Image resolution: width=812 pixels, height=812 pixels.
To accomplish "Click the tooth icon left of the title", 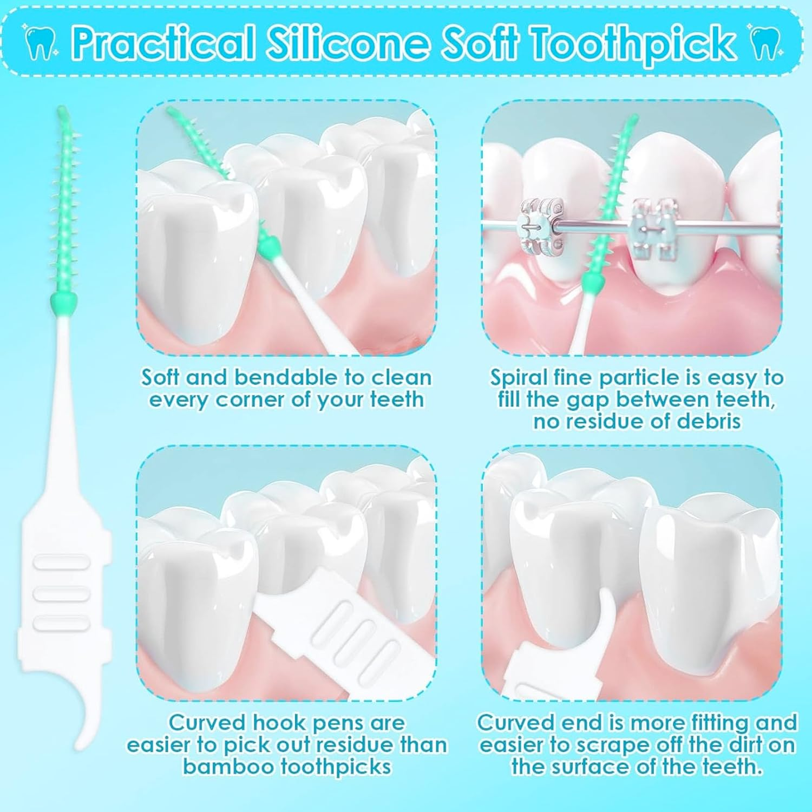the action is [x=40, y=43].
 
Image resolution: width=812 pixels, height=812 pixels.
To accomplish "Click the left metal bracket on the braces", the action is [x=542, y=226].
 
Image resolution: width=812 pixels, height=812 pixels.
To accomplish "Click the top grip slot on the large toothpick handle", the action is [x=61, y=564].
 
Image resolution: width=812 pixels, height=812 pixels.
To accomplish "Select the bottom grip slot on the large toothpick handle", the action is [x=61, y=624].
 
